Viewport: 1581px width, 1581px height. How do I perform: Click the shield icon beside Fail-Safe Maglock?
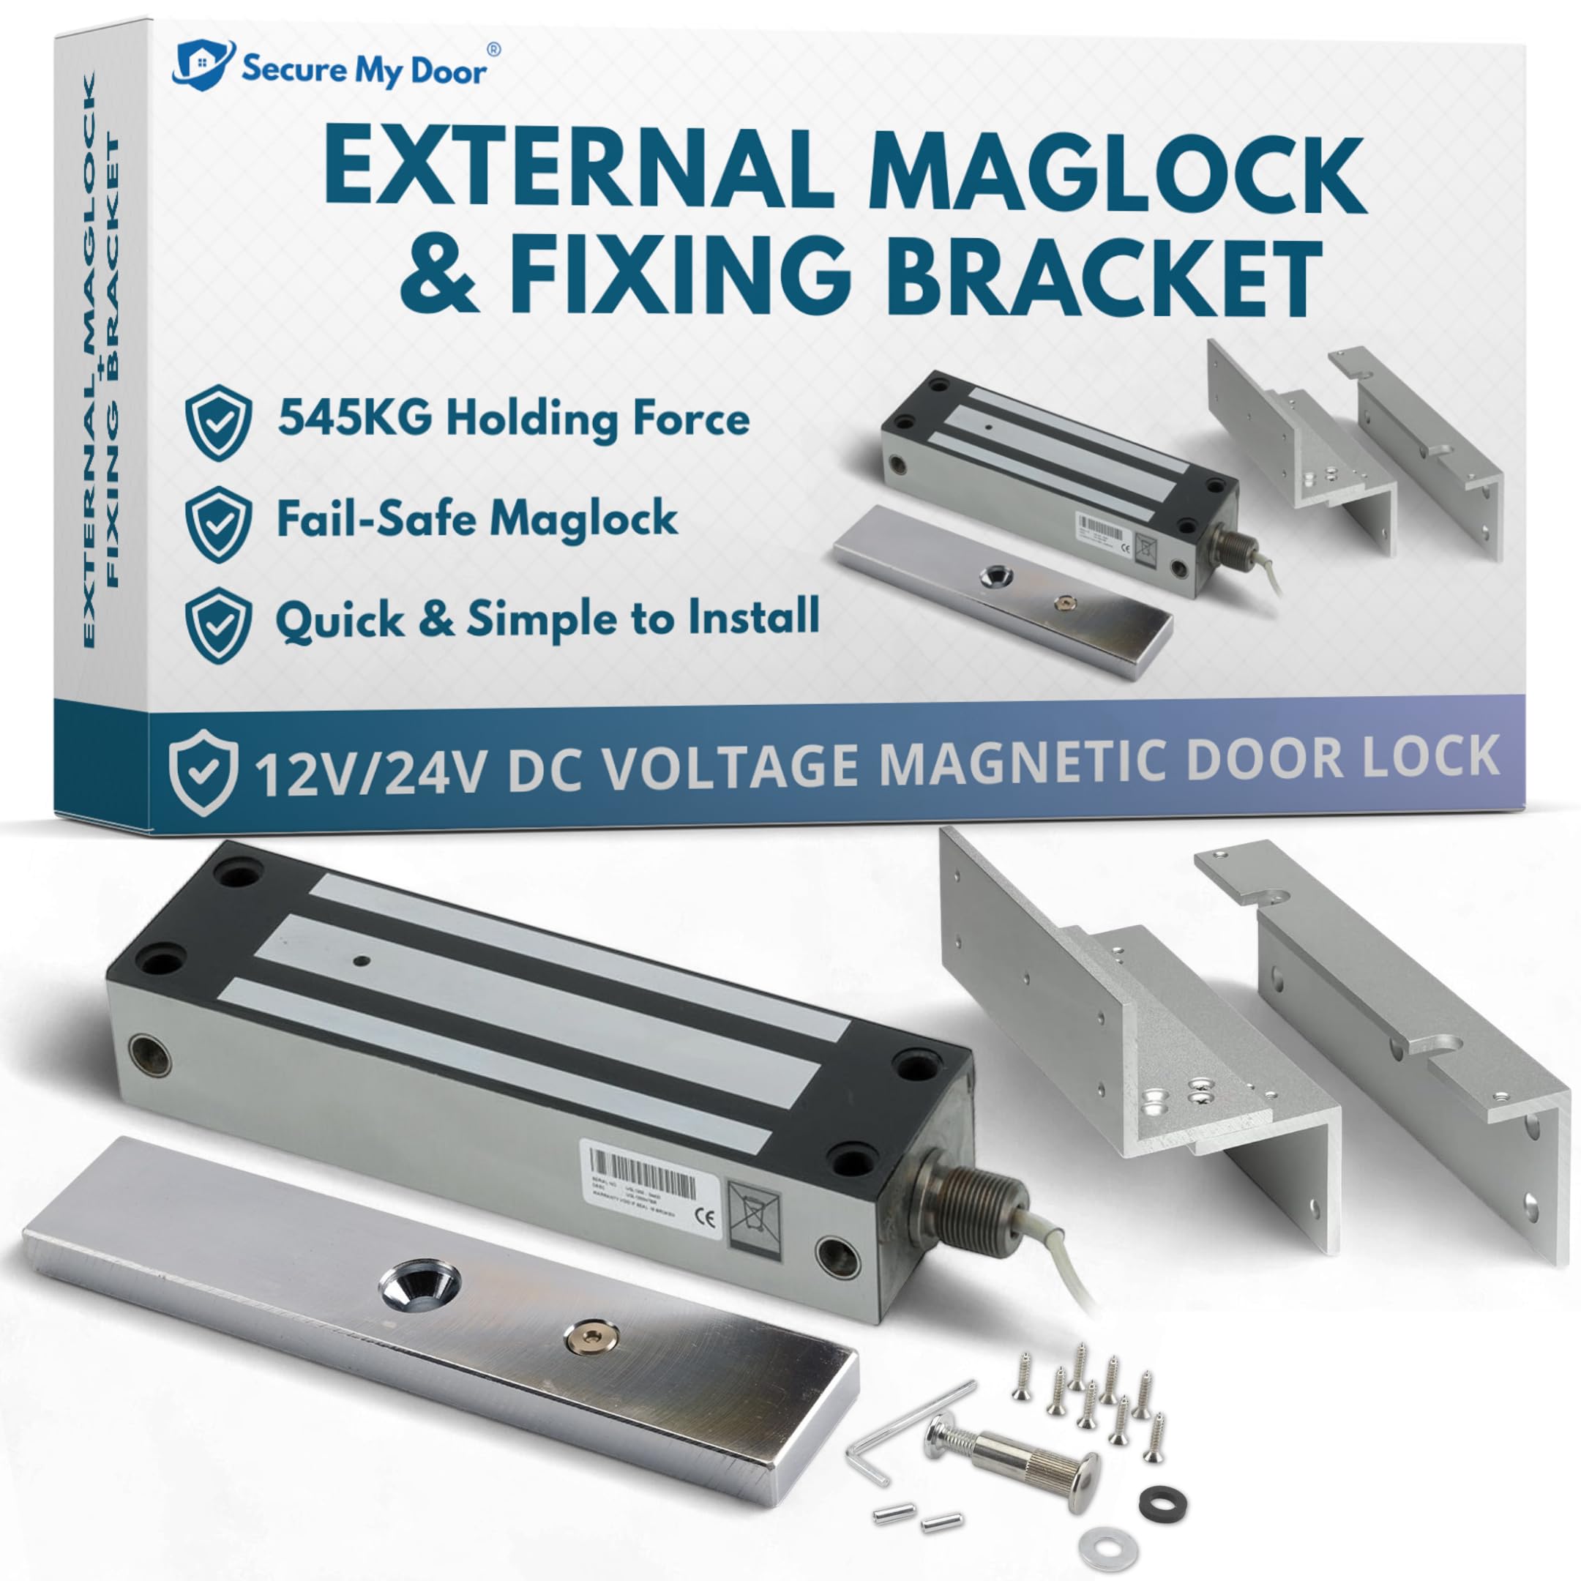217,525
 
